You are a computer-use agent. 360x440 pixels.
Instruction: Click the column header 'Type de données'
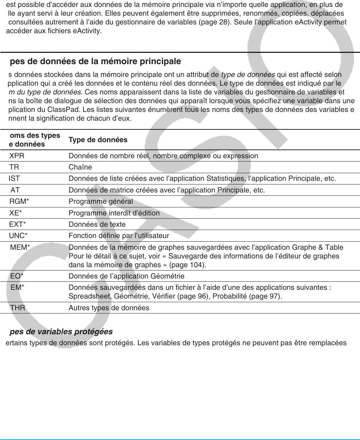tap(98, 140)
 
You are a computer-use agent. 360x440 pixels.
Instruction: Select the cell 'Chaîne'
tap(80, 167)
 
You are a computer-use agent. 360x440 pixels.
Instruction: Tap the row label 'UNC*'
tap(18, 236)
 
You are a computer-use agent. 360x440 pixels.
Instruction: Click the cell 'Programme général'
tap(101, 202)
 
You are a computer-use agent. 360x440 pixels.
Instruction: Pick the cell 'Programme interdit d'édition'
tap(114, 213)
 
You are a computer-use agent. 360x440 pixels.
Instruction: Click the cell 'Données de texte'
tap(97, 225)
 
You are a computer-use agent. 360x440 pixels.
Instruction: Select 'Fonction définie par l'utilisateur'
tap(119, 236)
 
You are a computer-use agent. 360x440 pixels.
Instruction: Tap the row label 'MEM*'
tap(20, 248)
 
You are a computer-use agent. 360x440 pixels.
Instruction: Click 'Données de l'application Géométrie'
tap(126, 276)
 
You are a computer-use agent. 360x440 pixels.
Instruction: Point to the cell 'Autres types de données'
tap(109, 308)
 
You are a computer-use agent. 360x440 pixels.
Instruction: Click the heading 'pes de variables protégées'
tap(61, 332)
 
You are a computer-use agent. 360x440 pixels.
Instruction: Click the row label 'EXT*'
tap(18, 225)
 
